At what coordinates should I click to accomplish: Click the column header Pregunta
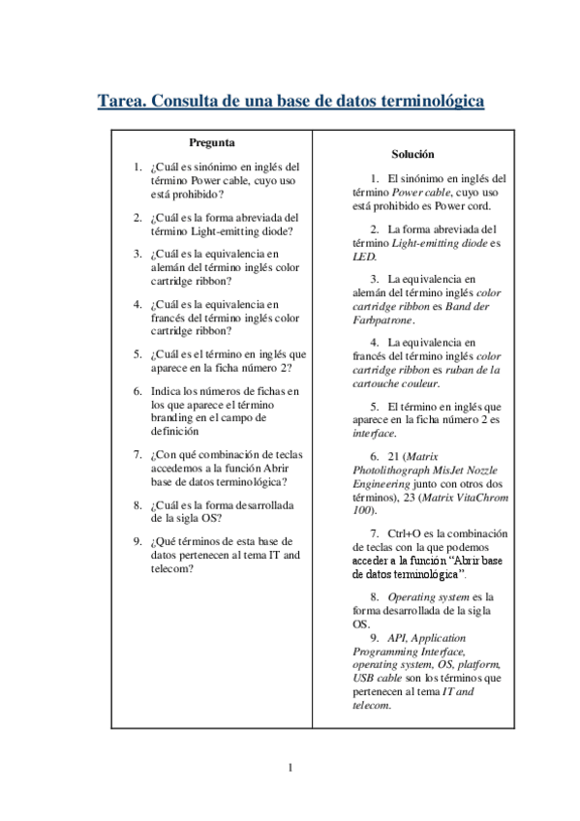(211, 142)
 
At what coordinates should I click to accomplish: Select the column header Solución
(412, 154)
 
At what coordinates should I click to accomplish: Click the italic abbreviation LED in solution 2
(363, 257)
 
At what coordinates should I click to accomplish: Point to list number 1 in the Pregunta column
(138, 167)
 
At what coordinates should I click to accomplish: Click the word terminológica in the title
(426, 102)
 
